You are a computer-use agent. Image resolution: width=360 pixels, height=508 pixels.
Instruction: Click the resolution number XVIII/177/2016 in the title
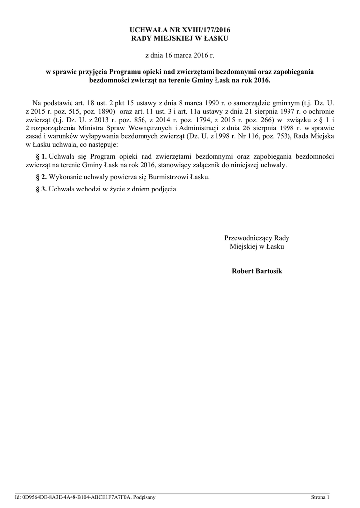click(206, 30)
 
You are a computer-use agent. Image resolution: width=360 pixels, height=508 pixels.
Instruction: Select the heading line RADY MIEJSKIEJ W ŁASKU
click(180, 38)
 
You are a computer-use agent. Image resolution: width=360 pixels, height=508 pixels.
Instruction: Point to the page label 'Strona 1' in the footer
click(320, 497)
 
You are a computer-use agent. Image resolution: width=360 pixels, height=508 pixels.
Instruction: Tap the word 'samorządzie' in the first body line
click(252, 103)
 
